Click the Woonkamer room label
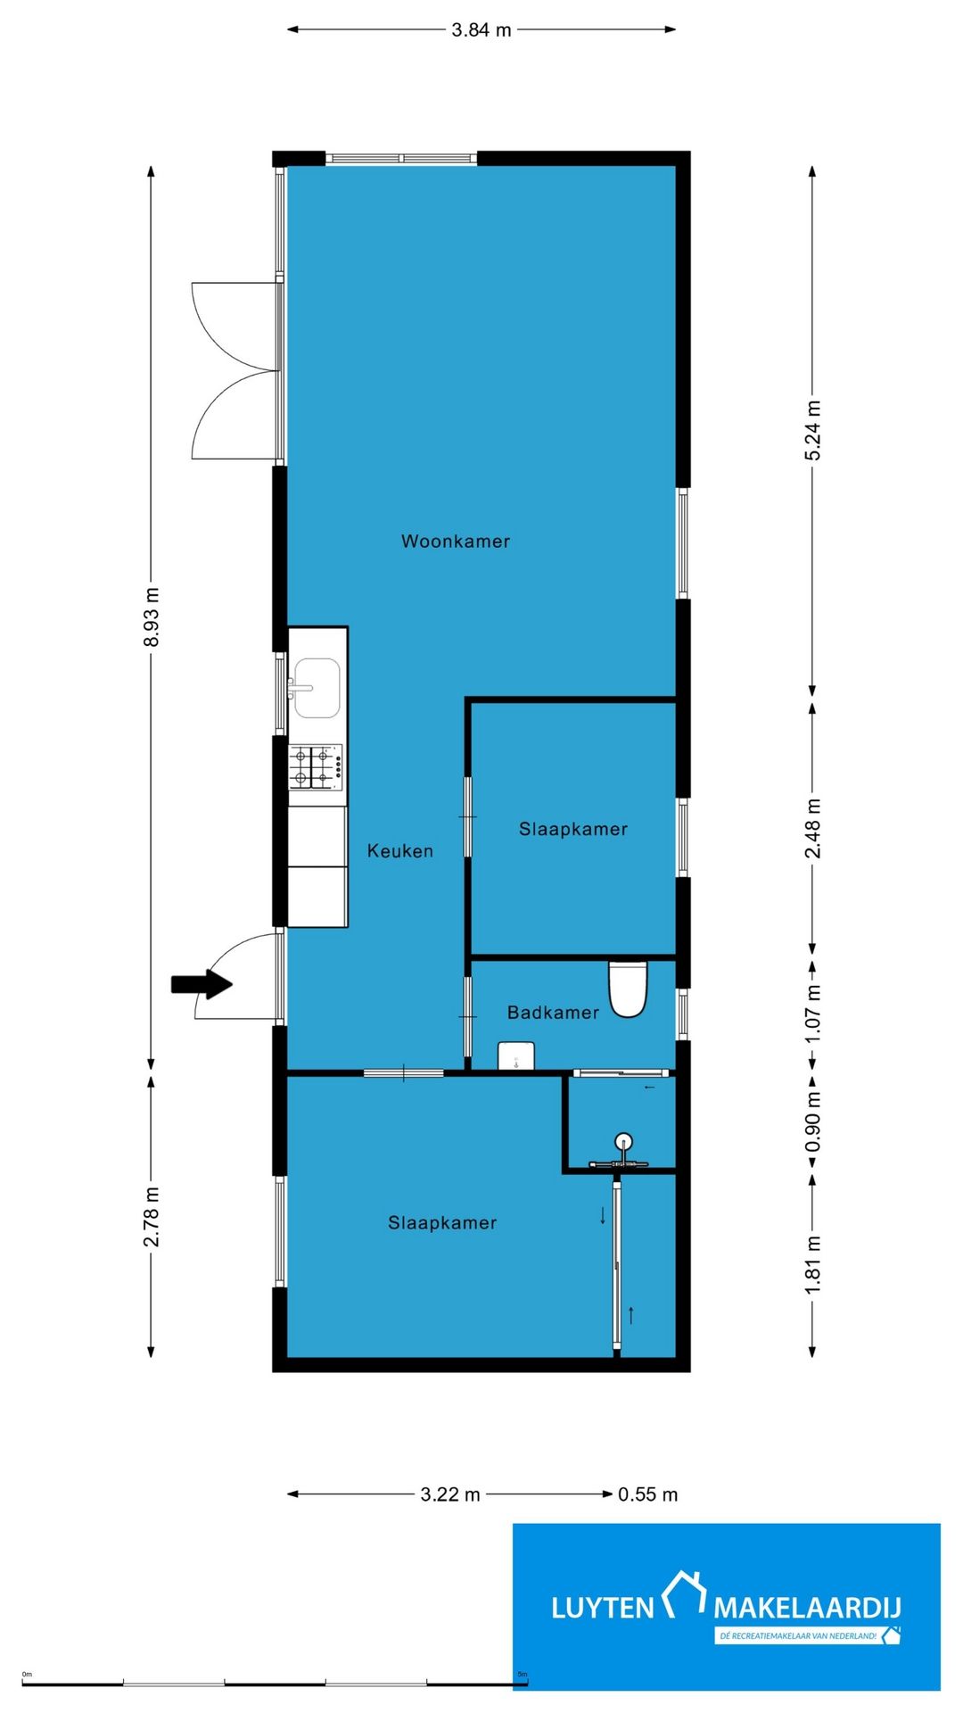[456, 541]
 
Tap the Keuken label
[400, 851]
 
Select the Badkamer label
[553, 1013]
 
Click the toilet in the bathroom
[628, 989]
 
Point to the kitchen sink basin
[317, 688]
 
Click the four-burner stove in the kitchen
[316, 767]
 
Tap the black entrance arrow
[202, 984]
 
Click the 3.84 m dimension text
[481, 29]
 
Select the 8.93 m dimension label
[152, 617]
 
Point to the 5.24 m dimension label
[812, 431]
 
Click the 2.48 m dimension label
[812, 829]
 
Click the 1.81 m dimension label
[812, 1265]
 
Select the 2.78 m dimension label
[152, 1217]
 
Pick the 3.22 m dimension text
[450, 1494]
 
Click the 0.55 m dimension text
[648, 1494]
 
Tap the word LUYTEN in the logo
[603, 1609]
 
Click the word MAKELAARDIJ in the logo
[807, 1609]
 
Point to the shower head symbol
[623, 1141]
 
